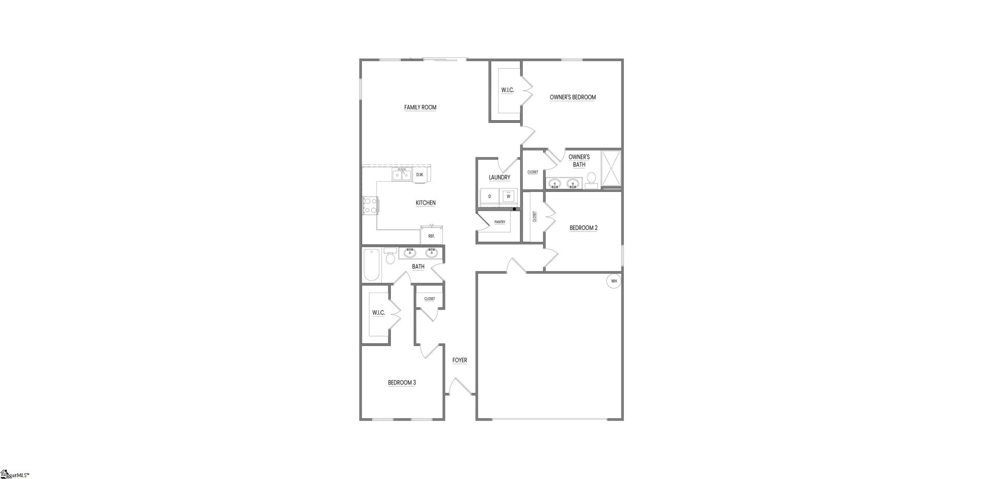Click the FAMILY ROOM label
(420, 107)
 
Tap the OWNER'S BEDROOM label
(572, 97)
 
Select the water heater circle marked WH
(614, 281)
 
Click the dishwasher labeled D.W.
(420, 175)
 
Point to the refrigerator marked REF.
(432, 235)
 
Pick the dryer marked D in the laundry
(490, 197)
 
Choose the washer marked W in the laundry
(508, 196)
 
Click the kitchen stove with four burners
(370, 205)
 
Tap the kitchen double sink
(402, 175)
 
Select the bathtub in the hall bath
(371, 265)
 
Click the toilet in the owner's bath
(591, 179)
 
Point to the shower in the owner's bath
(610, 168)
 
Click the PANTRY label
(500, 222)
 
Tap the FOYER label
(459, 360)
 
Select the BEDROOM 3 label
(401, 382)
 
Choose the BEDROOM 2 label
(583, 228)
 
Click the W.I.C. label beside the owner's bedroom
(507, 91)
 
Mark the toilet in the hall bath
(390, 257)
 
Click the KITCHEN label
(425, 203)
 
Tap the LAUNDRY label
(499, 178)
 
